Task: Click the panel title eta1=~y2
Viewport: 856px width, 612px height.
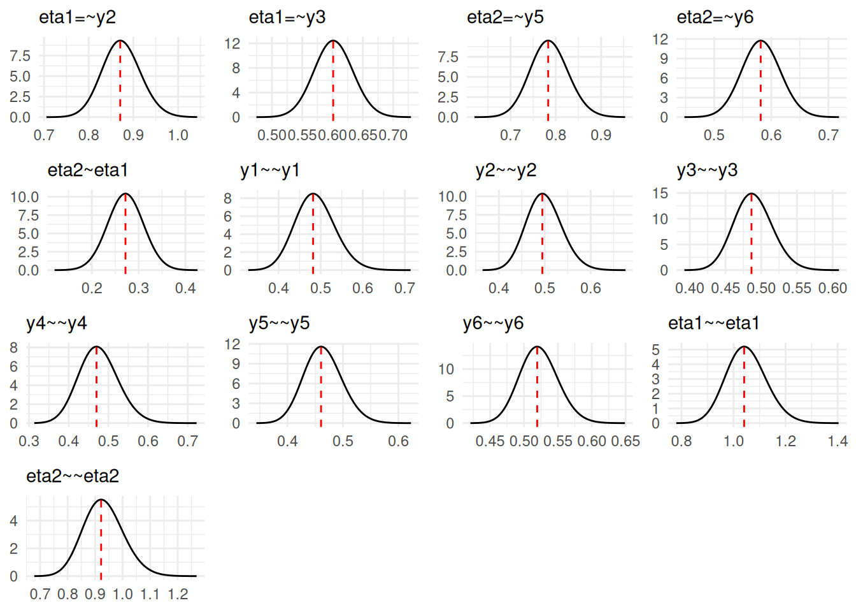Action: click(77, 17)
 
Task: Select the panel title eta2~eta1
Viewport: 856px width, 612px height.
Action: click(88, 170)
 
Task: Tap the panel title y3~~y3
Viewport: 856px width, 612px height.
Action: click(707, 170)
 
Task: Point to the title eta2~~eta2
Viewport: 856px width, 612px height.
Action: click(73, 476)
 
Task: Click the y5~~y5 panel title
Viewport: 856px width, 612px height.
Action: click(279, 323)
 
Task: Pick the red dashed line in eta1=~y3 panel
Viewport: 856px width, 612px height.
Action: click(333, 83)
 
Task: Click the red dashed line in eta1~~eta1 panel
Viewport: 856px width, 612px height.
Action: click(744, 389)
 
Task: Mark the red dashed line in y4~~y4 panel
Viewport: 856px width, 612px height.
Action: click(96, 389)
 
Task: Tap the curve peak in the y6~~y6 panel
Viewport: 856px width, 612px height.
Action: click(538, 347)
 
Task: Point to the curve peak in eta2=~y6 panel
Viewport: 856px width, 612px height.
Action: click(760, 41)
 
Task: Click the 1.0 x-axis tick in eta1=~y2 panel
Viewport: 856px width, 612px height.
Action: click(178, 135)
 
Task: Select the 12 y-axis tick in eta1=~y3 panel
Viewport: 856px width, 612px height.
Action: click(232, 43)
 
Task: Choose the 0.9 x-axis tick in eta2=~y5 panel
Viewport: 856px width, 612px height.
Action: click(601, 135)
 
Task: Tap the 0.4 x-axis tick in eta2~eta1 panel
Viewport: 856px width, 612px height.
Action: click(185, 288)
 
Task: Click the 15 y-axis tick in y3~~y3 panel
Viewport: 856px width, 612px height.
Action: click(660, 193)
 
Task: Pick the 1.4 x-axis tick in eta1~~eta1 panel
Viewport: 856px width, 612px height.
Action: click(838, 441)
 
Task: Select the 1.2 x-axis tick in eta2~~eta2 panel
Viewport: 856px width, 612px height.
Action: click(178, 594)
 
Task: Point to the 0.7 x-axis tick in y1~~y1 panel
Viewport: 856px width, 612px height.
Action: click(404, 288)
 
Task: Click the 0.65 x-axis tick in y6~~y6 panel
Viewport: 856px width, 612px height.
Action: click(625, 441)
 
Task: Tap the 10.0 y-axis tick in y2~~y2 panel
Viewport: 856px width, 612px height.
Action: click(452, 196)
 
